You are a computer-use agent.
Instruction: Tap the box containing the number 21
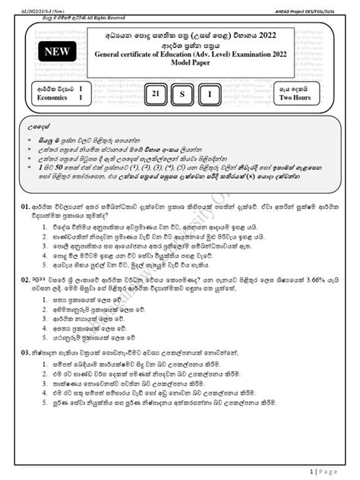click(156, 93)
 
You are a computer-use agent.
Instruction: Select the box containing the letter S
click(183, 93)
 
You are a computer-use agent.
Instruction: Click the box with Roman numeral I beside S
click(210, 93)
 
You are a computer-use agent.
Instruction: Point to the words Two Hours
click(295, 98)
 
